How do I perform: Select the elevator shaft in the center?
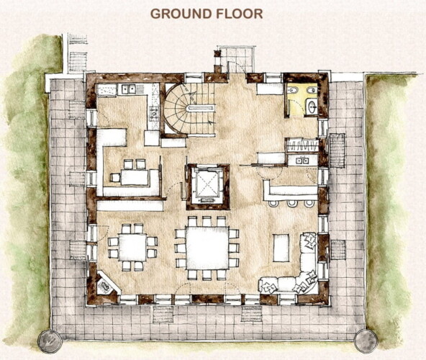pos(208,186)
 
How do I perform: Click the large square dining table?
pos(207,248)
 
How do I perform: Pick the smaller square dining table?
pos(132,248)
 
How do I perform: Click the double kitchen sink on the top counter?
pos(129,89)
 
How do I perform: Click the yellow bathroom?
pos(302,99)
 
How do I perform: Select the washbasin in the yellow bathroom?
pos(312,107)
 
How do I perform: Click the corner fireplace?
pos(105,285)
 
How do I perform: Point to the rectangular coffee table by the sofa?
pos(281,248)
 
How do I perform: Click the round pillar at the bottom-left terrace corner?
pos(50,341)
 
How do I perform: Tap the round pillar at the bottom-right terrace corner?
pos(366,341)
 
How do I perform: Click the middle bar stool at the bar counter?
pos(292,204)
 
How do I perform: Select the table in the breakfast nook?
pos(135,177)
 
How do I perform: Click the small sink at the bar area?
pos(302,161)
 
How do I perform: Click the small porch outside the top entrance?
pos(237,60)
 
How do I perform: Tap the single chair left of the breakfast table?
pos(115,178)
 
